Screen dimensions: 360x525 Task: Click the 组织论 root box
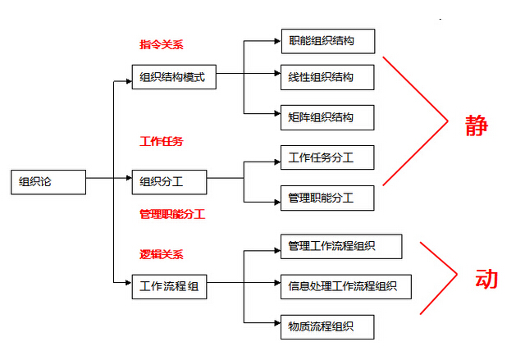[x=48, y=181]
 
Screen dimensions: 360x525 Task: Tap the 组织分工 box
[x=169, y=181]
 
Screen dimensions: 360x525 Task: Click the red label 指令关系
[x=161, y=44]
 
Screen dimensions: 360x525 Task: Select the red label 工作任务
[x=161, y=141]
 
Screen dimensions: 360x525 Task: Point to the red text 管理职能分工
[x=171, y=214]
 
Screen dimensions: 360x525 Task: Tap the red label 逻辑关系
[x=161, y=254]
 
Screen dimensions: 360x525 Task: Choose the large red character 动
[x=486, y=278]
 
